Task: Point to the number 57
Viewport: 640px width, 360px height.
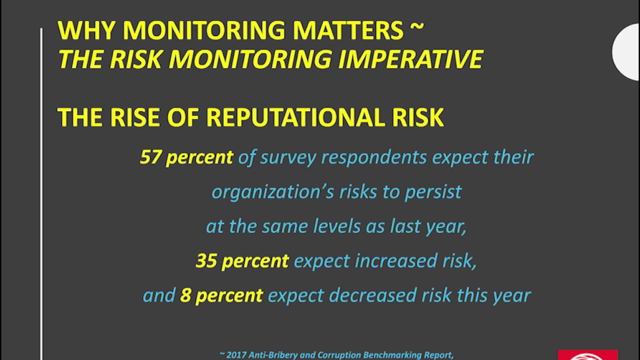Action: pyautogui.click(x=150, y=157)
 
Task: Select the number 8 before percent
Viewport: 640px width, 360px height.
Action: pyautogui.click(x=185, y=295)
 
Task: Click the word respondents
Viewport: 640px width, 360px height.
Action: pyautogui.click(x=374, y=157)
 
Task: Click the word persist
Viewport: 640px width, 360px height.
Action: pyautogui.click(x=433, y=192)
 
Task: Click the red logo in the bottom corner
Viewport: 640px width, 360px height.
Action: pyautogui.click(x=588, y=355)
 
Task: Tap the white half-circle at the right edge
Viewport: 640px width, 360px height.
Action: pyautogui.click(x=627, y=51)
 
